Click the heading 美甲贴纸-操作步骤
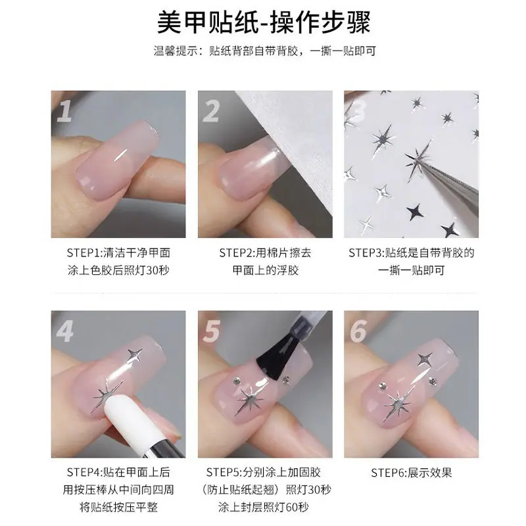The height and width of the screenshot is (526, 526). click(x=264, y=22)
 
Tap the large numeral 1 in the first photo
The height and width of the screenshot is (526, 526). click(x=64, y=111)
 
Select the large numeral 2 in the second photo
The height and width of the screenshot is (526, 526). click(x=211, y=111)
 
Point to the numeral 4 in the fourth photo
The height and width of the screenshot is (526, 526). click(x=64, y=331)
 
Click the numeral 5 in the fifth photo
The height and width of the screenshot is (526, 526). click(x=212, y=331)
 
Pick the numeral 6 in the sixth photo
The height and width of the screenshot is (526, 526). click(x=358, y=331)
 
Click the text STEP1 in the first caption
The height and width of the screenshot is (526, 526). click(x=84, y=253)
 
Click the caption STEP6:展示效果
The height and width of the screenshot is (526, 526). click(x=412, y=473)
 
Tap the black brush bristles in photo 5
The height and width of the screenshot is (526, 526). click(x=277, y=358)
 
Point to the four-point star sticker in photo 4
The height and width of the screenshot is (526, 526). click(x=135, y=354)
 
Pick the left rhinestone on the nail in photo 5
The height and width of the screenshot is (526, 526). click(x=235, y=381)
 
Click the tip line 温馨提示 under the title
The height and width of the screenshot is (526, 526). click(x=265, y=51)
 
